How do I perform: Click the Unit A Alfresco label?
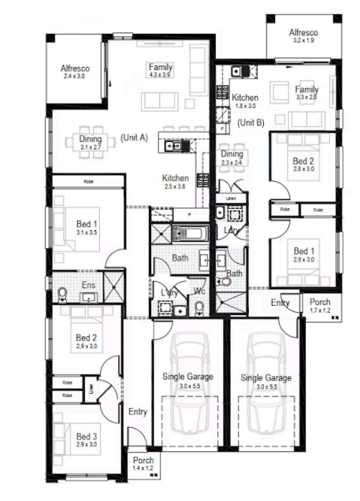click(77, 72)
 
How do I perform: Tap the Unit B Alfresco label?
click(303, 35)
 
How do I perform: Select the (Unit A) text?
click(135, 137)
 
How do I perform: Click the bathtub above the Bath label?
click(188, 234)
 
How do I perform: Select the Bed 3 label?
click(87, 439)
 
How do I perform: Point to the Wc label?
click(200, 291)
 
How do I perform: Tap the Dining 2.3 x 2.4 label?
click(232, 158)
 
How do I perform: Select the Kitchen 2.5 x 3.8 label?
click(175, 181)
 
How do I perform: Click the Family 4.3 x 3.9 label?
click(161, 71)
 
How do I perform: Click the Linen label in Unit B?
click(231, 199)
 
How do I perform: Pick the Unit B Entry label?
click(280, 303)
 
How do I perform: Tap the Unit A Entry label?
click(137, 411)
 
